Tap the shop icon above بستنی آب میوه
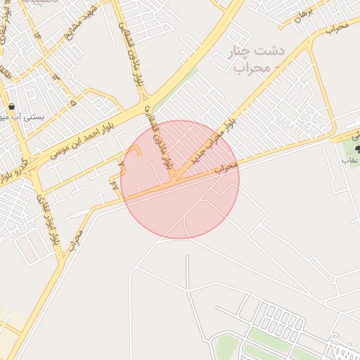[x=12, y=107]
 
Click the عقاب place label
[x=350, y=160]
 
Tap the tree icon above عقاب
[x=356, y=148]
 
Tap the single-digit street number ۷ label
[x=122, y=164]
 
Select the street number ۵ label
[x=72, y=103]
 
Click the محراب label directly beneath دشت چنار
[x=248, y=68]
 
